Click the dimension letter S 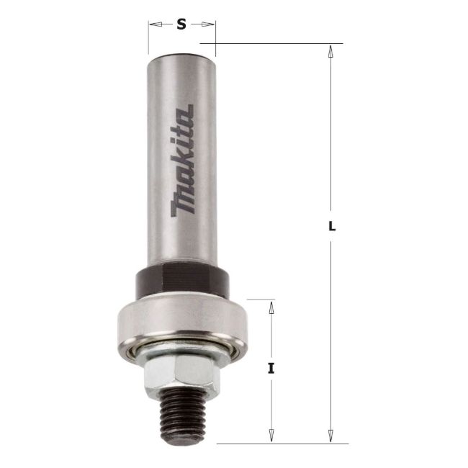tap(181, 24)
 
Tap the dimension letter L tap(331, 226)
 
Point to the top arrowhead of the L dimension tap(330, 50)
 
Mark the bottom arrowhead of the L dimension tap(330, 437)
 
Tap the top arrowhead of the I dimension tap(271, 305)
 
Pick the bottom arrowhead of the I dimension tap(271, 437)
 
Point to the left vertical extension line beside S tap(148, 36)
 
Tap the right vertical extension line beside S tap(215, 36)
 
